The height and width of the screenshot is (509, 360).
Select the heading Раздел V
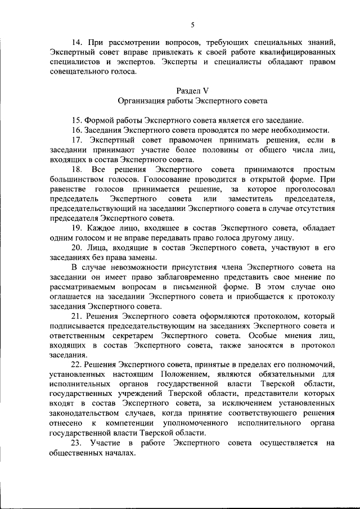tap(192, 91)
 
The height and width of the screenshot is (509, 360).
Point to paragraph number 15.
tap(77, 120)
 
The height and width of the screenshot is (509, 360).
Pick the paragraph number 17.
tap(77, 139)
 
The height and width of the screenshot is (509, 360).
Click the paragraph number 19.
tap(77, 228)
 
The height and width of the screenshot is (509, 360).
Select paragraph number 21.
tap(77, 317)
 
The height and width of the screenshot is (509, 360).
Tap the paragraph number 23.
tap(77, 444)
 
